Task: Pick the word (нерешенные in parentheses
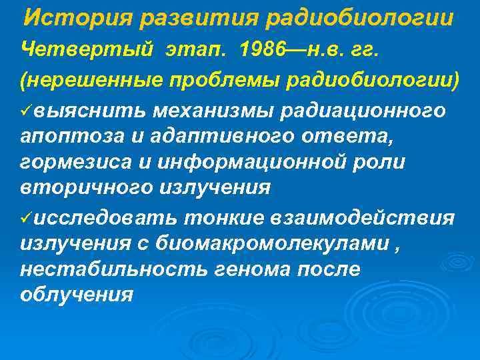tap(85, 79)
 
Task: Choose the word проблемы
tap(212, 79)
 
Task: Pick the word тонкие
tap(225, 218)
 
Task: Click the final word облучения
tap(77, 294)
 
